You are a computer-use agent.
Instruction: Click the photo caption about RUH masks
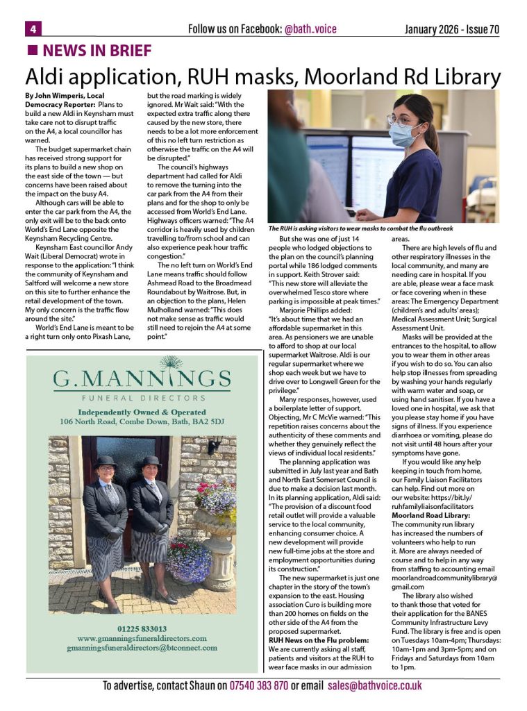coord(360,228)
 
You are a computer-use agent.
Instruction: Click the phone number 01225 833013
coord(142,628)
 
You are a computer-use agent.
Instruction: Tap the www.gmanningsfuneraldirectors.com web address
coord(142,638)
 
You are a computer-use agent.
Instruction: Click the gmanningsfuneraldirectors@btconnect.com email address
coord(142,648)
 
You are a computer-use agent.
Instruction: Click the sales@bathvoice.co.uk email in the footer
coord(375,685)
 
